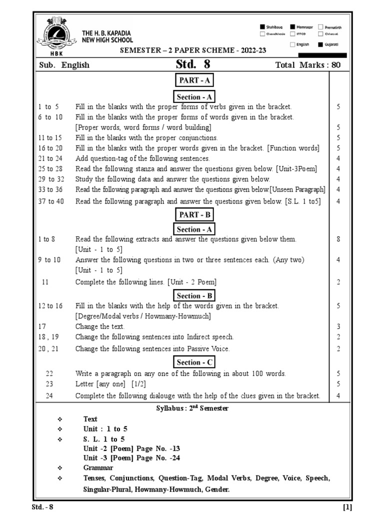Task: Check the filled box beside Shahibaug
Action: click(x=262, y=26)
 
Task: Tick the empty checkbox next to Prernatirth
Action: click(x=320, y=26)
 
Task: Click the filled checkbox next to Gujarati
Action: click(x=320, y=44)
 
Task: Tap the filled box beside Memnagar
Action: click(x=292, y=26)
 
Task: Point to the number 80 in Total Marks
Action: click(x=336, y=65)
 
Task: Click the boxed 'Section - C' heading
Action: click(x=194, y=362)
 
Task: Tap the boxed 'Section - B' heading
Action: click(x=194, y=295)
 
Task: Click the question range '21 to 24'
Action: click(x=50, y=158)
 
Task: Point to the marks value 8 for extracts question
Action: click(x=338, y=239)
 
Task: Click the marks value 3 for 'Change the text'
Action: click(x=338, y=326)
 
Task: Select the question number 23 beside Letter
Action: click(x=49, y=384)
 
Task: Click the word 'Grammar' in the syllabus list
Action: click(x=98, y=467)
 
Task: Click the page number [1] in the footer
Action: click(x=347, y=506)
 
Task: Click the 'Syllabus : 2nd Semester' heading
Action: click(x=192, y=408)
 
